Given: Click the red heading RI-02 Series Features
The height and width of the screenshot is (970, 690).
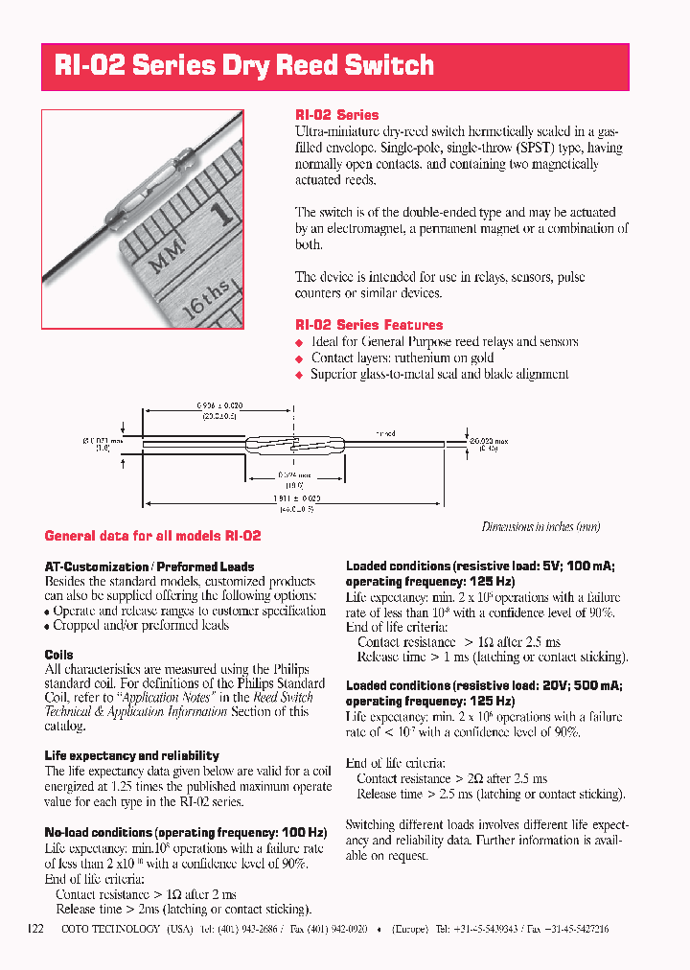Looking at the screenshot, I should tap(369, 325).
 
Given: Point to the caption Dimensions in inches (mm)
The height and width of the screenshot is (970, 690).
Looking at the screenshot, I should tap(540, 527).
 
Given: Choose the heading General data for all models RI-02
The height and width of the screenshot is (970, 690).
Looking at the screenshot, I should tap(152, 536).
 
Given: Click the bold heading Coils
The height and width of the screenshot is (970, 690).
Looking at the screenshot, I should tap(59, 655).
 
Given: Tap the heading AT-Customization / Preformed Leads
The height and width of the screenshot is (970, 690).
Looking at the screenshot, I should tap(149, 566).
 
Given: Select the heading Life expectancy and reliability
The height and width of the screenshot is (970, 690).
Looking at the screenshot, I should tap(131, 755).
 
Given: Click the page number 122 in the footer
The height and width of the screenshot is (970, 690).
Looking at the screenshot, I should tap(35, 929).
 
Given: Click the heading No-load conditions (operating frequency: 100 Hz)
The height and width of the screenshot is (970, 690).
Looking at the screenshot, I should tap(178, 833).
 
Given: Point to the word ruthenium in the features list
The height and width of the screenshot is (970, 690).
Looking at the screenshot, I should tap(404, 358).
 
